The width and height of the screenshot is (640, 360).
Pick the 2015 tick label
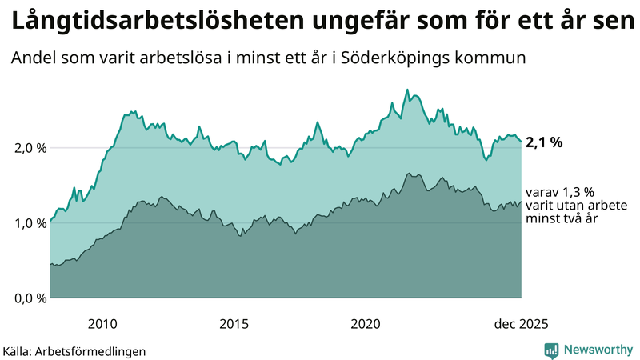tap(234, 324)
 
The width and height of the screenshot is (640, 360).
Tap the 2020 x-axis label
tap(366, 324)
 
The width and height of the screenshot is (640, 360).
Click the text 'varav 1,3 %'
tap(560, 193)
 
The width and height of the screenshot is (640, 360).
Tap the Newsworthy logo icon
tap(552, 350)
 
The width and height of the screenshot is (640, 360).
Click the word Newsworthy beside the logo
tap(598, 350)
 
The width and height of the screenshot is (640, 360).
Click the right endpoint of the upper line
tap(522, 142)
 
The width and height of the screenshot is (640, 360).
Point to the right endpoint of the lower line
tap(522, 202)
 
